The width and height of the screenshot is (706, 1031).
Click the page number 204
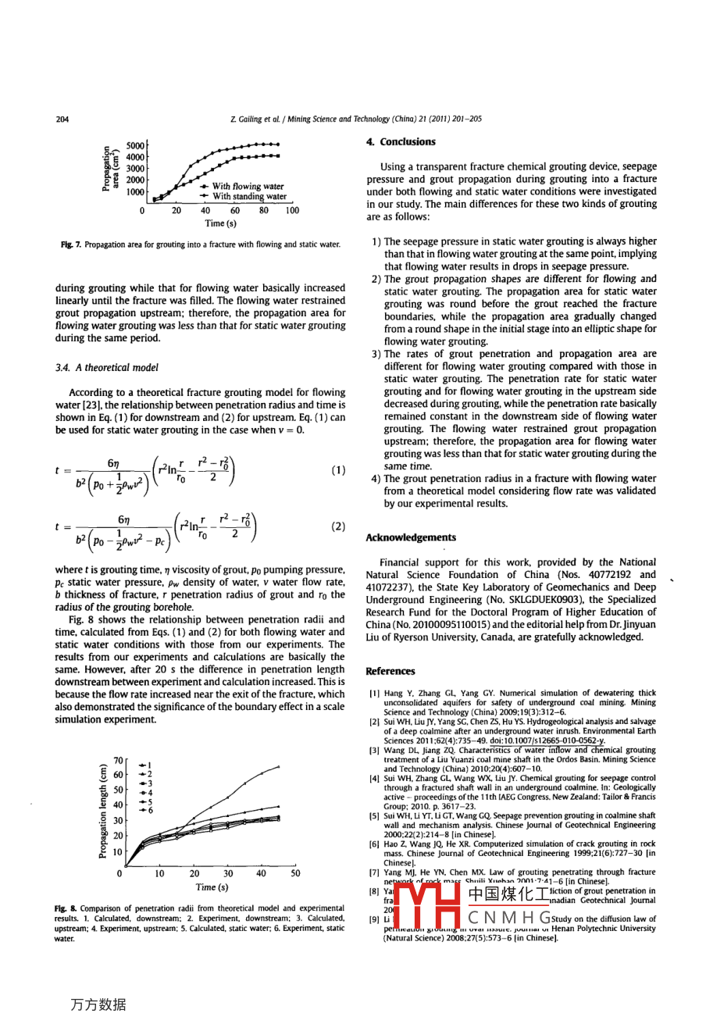pos(63,120)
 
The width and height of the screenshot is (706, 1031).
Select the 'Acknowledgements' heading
pos(411,537)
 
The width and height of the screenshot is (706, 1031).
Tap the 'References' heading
pos(390,671)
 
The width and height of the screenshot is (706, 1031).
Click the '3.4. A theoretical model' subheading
pos(107,367)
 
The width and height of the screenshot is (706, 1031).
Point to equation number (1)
pos(338,470)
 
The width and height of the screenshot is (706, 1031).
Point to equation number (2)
pos(338,526)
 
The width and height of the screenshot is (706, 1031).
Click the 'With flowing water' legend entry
pos(248,187)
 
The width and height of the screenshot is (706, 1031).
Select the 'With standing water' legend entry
pos(249,197)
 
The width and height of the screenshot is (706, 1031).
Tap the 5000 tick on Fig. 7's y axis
pos(136,145)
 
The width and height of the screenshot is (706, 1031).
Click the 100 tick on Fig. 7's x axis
pos(292,210)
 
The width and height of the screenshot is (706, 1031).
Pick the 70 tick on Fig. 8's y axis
pos(118,759)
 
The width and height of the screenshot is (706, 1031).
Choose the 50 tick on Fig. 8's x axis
pos(295,873)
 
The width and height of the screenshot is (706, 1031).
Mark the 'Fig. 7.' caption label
pos(66,244)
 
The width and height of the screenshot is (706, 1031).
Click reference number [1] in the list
pos(375,693)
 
